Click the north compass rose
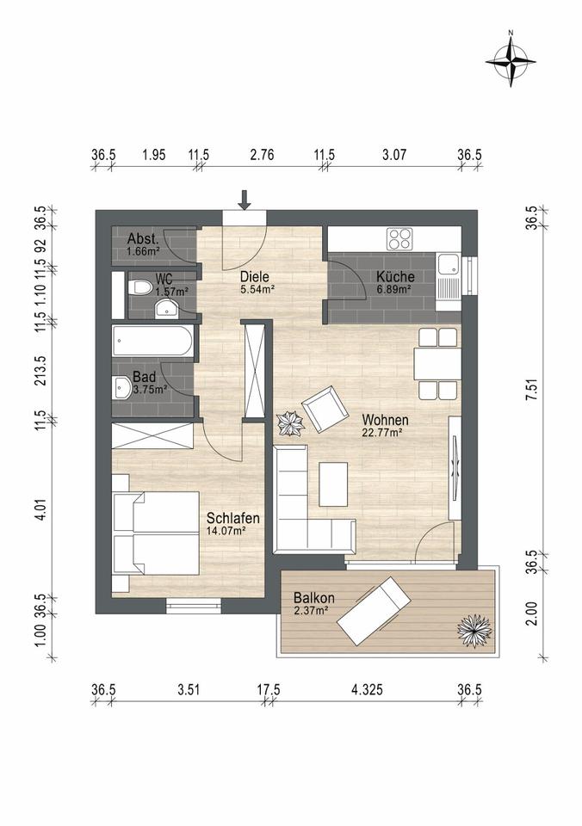[511, 62]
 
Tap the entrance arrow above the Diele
[245, 200]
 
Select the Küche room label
[395, 276]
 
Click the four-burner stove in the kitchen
[399, 238]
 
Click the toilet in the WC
[140, 287]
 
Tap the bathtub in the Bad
[152, 341]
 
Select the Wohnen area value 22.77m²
[382, 433]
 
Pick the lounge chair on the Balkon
[374, 611]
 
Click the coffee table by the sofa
[333, 484]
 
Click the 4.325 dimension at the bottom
[367, 689]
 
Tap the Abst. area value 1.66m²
[143, 252]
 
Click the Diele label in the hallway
[255, 276]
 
